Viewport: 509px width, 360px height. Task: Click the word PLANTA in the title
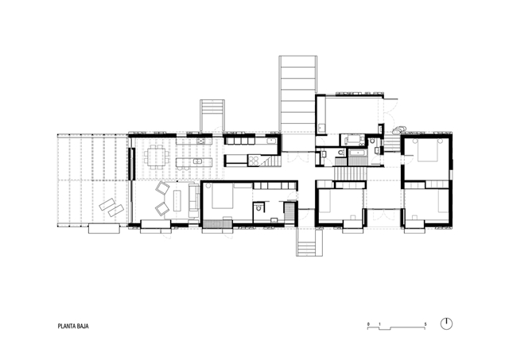tap(67, 327)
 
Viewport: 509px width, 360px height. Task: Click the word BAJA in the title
tap(83, 327)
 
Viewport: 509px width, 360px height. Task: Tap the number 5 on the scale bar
tap(425, 324)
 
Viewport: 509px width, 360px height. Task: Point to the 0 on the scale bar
tap(368, 324)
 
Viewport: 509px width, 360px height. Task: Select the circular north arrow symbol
tap(446, 324)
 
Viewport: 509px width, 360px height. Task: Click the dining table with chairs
tap(157, 157)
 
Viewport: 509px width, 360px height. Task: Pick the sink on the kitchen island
tap(196, 161)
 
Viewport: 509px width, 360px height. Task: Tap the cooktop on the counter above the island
tap(201, 141)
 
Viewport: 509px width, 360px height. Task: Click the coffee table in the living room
tap(177, 200)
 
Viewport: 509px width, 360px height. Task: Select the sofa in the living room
tap(194, 200)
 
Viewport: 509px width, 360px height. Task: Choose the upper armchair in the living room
tap(162, 188)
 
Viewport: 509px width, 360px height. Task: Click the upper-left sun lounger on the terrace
tap(107, 204)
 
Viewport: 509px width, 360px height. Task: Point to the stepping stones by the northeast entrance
tap(399, 130)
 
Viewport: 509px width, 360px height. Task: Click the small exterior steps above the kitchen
tap(212, 115)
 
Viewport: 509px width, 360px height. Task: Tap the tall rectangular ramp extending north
tap(298, 94)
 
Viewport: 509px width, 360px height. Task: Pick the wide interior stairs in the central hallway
tap(350, 173)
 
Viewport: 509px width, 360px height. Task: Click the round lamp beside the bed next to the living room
tap(208, 186)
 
